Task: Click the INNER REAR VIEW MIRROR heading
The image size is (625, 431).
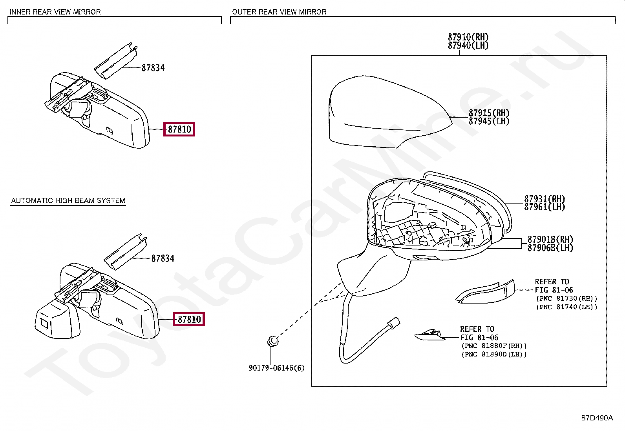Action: tap(55, 12)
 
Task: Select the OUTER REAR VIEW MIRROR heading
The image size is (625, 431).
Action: tap(279, 12)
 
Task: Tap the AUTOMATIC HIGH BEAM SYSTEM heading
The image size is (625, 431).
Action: tap(68, 200)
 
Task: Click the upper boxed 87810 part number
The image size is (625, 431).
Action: tap(179, 129)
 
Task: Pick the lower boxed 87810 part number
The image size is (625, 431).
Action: tap(189, 319)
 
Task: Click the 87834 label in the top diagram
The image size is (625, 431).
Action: tap(153, 68)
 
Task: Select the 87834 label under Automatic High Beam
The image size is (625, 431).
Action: tap(163, 258)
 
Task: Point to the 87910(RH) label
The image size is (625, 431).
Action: tap(468, 37)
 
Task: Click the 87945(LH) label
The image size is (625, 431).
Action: tap(489, 122)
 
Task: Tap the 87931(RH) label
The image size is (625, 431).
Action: tap(545, 199)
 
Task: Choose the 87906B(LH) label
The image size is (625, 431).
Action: tap(550, 248)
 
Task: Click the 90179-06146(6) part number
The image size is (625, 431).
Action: tap(276, 368)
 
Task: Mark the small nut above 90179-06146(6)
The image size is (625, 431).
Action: tap(272, 341)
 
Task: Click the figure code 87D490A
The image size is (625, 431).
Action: tap(597, 418)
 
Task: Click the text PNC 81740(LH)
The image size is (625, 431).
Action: tap(567, 307)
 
